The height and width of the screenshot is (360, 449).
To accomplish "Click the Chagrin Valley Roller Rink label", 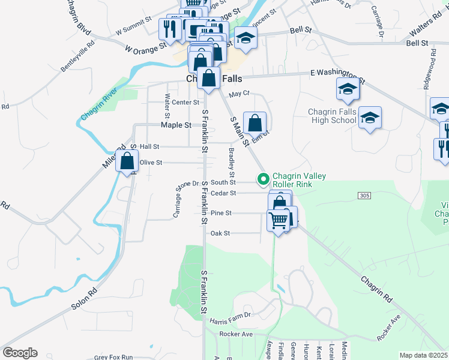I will point(299,180).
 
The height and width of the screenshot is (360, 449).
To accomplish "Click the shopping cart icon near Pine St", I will point(278,221).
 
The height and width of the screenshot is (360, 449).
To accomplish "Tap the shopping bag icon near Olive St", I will point(127,161).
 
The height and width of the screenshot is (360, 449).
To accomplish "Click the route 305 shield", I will point(364,196).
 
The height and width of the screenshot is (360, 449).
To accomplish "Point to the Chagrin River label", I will point(100,104).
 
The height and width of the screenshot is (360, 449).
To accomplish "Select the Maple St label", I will point(176,125).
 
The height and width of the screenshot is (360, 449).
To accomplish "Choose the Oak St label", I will point(219,233).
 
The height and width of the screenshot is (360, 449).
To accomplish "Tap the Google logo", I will point(20,353).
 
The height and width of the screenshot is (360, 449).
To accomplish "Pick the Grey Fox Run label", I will point(114,357).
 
